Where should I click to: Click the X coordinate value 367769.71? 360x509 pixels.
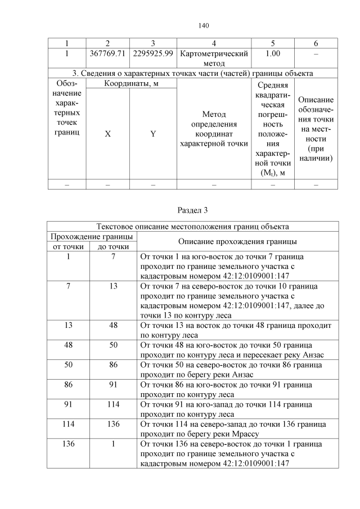[x=107, y=53]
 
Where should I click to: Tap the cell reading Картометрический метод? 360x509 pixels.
[x=214, y=58]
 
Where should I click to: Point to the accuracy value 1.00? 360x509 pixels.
[x=273, y=53]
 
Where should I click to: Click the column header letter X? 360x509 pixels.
[x=107, y=134]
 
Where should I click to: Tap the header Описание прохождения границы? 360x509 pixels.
[x=237, y=241]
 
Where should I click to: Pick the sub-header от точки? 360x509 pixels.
[x=68, y=246]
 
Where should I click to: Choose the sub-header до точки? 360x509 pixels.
[x=113, y=246]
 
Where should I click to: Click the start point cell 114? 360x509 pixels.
[x=68, y=424]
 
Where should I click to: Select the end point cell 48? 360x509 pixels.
[x=113, y=326]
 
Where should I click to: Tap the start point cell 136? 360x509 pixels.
[x=68, y=444]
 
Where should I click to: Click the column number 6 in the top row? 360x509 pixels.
[x=316, y=43]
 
